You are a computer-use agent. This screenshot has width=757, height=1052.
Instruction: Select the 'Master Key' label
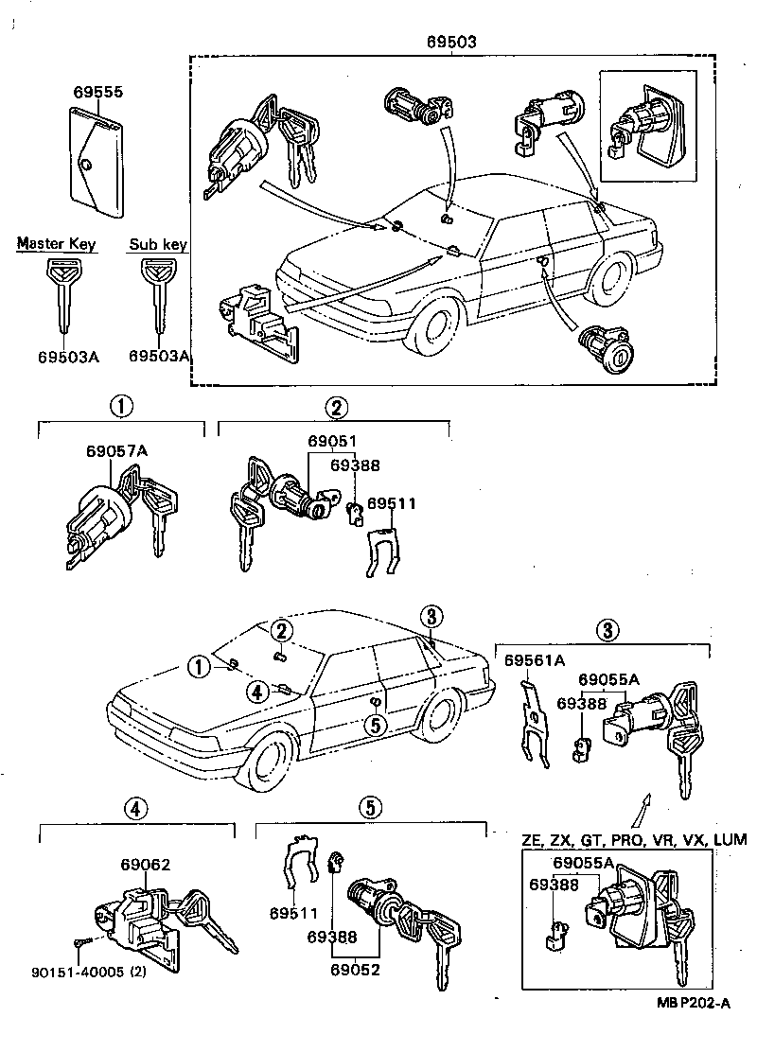click(56, 245)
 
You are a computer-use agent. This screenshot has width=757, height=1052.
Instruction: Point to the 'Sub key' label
click(158, 245)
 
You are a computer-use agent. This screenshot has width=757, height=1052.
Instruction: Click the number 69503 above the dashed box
click(450, 43)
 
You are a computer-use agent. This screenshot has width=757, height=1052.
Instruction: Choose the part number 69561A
click(534, 659)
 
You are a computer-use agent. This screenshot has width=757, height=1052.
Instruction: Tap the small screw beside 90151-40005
click(79, 941)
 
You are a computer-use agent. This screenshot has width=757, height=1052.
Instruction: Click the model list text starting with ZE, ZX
click(633, 839)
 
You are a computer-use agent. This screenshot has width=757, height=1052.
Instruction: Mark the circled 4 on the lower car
click(255, 691)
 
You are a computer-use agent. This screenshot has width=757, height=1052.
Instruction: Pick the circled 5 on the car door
click(375, 725)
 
